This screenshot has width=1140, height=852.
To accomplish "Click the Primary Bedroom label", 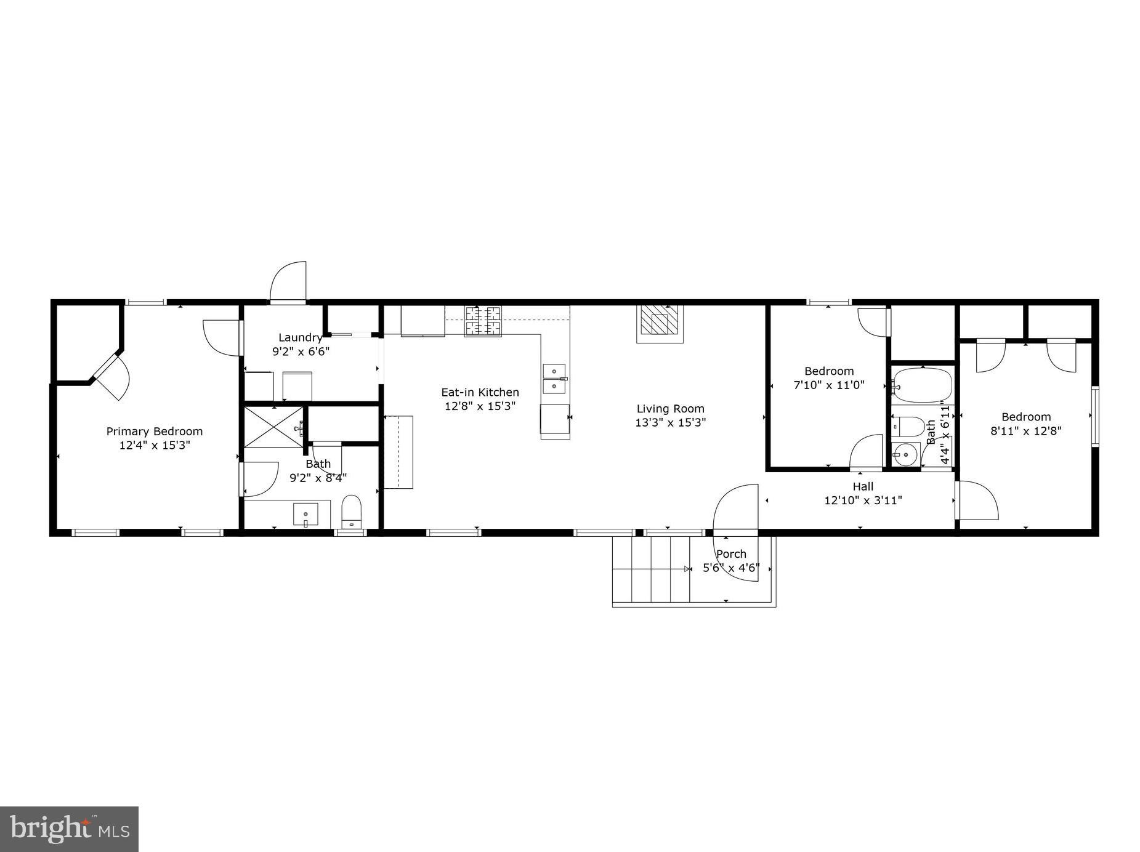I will [154, 432].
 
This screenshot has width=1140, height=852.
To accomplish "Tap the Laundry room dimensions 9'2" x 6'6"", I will [301, 352].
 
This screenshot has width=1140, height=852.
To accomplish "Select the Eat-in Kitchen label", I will [480, 392].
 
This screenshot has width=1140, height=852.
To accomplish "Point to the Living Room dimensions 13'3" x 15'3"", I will [670, 423].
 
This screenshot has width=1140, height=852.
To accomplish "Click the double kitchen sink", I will [554, 379].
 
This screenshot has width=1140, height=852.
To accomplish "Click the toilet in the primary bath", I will [352, 512].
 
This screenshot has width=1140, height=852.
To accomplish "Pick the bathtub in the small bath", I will [922, 385].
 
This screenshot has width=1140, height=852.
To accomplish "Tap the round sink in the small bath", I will [905, 456].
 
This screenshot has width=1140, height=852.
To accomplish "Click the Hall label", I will [863, 486].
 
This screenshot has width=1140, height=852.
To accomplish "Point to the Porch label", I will [731, 554].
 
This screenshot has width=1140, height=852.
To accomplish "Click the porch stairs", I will [650, 569].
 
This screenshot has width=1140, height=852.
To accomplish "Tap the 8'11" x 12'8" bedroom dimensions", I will [1025, 431].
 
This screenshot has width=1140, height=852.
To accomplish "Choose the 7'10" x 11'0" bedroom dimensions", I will [828, 385].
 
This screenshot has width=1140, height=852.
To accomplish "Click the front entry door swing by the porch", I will [737, 507].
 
